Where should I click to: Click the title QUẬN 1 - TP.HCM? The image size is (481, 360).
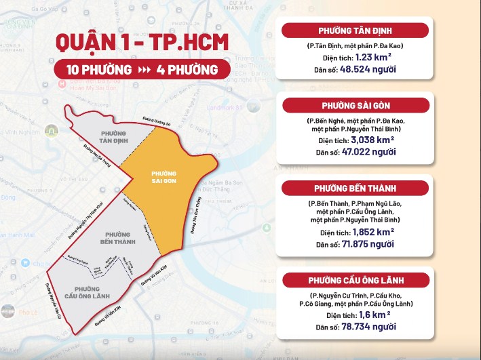click(142, 42)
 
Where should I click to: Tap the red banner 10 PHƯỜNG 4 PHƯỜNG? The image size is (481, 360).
click(142, 69)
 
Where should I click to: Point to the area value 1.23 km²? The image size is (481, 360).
click(374, 57)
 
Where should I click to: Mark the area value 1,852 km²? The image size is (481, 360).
click(377, 232)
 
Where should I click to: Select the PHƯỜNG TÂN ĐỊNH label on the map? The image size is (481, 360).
click(114, 137)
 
